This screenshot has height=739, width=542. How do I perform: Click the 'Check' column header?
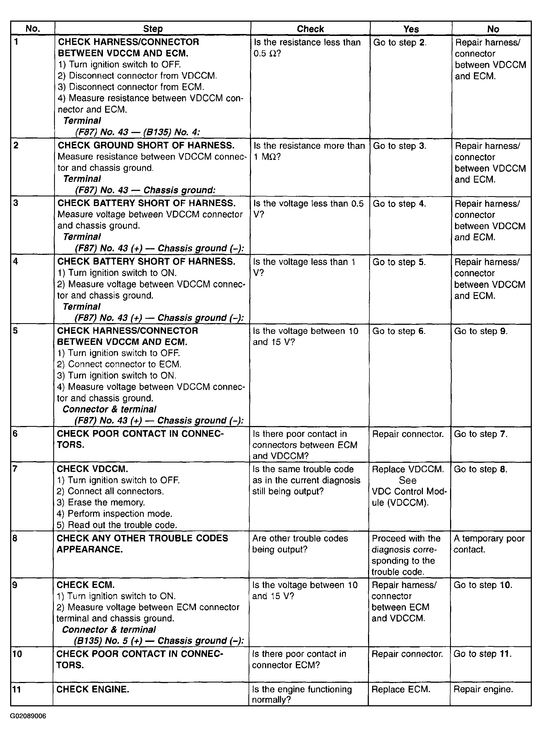coord(310,29)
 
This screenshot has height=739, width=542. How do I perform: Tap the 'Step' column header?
coord(153,29)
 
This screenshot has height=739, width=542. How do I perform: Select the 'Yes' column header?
coord(411,29)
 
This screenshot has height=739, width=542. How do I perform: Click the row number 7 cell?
coord(15,469)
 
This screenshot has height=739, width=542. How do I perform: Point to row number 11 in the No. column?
coord(16,690)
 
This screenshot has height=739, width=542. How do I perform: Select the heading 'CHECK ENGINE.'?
coord(92,690)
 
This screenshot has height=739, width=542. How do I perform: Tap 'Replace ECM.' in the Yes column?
coord(401,690)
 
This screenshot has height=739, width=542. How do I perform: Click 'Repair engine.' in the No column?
coord(483,690)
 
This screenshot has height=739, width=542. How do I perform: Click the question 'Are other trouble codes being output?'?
coord(300,544)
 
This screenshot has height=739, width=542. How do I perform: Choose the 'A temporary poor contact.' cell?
coord(489,544)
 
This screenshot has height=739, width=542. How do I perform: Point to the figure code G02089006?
coord(28,716)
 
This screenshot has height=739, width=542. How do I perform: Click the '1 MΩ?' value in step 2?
coord(267,157)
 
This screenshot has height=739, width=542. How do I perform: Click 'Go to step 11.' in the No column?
coord(482,654)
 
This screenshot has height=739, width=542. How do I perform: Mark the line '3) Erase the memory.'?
coord(101,502)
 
